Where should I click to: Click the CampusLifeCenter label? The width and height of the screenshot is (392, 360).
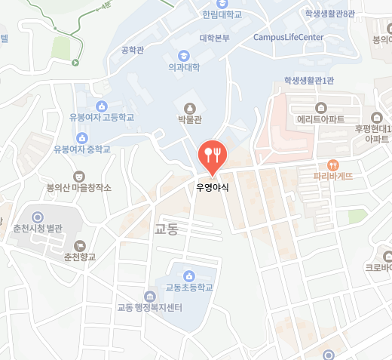point(288,36)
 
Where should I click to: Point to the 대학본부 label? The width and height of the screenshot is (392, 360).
point(214,38)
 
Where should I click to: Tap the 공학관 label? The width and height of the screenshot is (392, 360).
point(132,51)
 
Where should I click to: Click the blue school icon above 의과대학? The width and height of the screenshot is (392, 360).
point(184,55)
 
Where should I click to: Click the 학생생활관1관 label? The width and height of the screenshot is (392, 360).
point(308,80)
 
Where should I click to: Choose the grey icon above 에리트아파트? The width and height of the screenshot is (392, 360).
point(321,106)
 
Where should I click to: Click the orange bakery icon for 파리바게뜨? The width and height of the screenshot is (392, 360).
point(333,164)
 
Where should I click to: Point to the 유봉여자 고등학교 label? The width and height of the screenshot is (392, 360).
point(101,118)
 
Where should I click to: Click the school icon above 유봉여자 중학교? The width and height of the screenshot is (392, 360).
point(82,137)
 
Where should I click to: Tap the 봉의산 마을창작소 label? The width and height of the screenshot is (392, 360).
point(79,187)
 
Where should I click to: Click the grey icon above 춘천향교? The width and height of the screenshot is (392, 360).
point(79,245)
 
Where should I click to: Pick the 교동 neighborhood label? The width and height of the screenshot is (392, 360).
point(165,228)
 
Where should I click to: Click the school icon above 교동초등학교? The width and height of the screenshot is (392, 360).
point(189,275)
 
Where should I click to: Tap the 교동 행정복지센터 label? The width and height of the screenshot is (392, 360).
point(151,307)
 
